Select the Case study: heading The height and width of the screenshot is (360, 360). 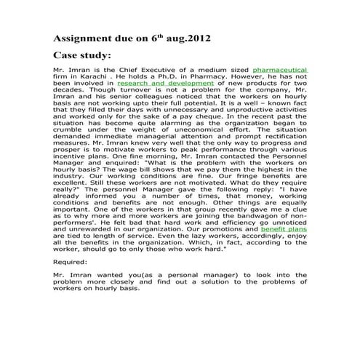point(82,55)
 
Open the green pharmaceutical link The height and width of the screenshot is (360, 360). point(279,70)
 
